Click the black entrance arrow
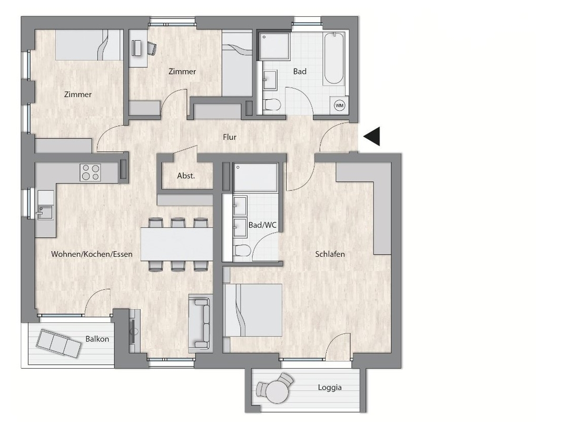click(372, 137)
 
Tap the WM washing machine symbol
click(339, 105)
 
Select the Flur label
click(230, 137)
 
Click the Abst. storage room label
click(186, 176)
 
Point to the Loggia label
click(329, 388)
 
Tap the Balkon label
click(97, 339)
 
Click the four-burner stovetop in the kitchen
click(90, 172)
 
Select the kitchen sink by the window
click(45, 212)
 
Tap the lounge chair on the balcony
click(58, 343)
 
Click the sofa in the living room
click(199, 322)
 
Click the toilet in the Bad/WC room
click(242, 251)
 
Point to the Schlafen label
click(330, 254)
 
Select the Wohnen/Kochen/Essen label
click(92, 254)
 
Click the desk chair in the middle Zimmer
click(152, 48)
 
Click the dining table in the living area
click(176, 244)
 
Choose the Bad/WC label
click(262, 225)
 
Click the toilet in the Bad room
click(271, 105)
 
